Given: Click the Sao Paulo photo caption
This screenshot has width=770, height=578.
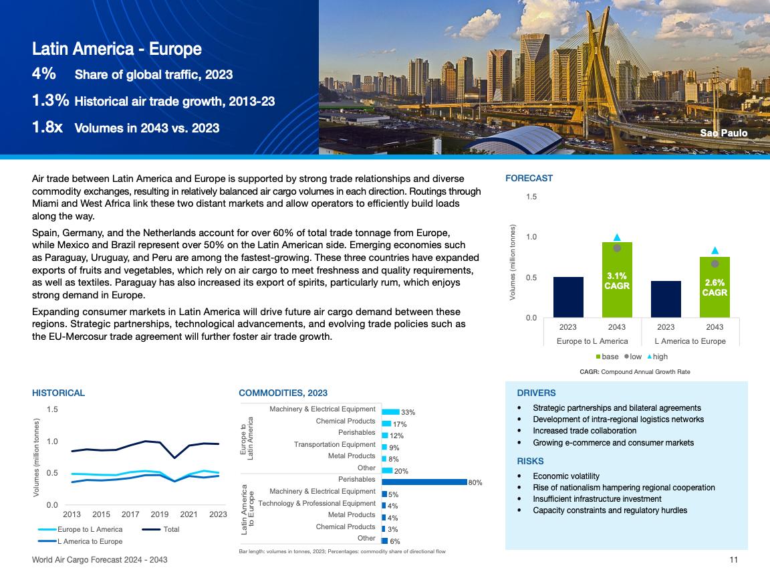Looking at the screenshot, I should [723, 133].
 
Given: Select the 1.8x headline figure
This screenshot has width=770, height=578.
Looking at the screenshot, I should [47, 127].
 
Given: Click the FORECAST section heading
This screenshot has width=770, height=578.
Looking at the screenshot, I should [529, 178].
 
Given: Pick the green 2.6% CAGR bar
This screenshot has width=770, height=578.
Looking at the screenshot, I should [715, 287].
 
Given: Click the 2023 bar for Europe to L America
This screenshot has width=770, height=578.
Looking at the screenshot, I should [568, 297].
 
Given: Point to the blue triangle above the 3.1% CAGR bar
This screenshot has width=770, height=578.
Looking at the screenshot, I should [617, 237].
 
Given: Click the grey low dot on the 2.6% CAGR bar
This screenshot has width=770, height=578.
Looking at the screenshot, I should [715, 264].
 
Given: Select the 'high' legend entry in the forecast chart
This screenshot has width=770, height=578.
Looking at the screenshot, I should [656, 357].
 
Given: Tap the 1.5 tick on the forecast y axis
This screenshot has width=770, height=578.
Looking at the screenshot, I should [531, 197].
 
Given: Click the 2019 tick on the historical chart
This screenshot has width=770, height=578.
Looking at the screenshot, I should [159, 514].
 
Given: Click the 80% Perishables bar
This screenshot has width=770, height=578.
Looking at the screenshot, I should [424, 482].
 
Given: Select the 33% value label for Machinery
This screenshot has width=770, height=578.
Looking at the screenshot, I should [408, 413].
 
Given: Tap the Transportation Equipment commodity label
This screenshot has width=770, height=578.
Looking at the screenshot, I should [334, 444].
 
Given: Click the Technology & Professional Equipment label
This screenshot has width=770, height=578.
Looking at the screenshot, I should [317, 503].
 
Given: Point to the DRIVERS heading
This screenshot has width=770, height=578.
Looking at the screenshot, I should [536, 393].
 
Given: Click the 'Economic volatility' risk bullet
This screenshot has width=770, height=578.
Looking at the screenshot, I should [570, 476].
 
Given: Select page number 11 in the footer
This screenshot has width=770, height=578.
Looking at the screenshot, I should [733, 560].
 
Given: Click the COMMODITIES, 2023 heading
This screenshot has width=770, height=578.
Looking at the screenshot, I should [283, 393].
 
